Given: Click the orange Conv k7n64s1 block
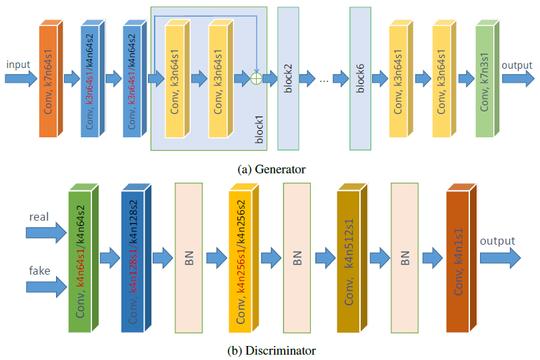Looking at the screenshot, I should [x=49, y=81].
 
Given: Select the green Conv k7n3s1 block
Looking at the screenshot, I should [x=486, y=81].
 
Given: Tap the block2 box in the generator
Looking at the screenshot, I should [x=288, y=79].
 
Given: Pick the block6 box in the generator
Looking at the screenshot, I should [x=360, y=79].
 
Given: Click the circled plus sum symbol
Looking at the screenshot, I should [x=255, y=78].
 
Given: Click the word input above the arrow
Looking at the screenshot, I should [x=19, y=65].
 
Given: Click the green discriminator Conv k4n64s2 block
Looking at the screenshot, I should [x=81, y=261].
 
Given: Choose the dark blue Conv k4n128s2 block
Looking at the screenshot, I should [x=133, y=261].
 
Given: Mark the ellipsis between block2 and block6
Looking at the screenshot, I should [x=324, y=80].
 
